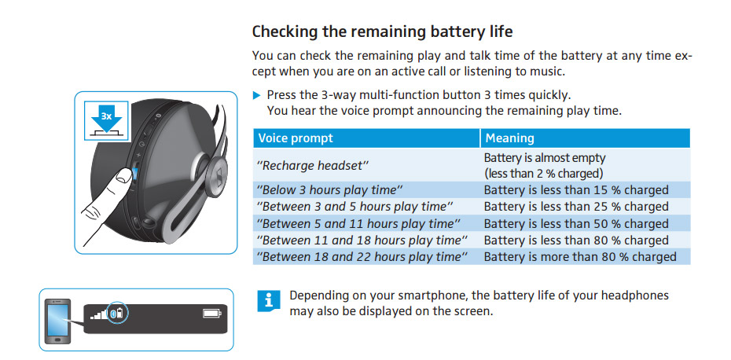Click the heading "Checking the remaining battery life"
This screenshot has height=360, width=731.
pyautogui.click(x=382, y=31)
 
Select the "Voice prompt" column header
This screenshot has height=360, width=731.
pyautogui.click(x=296, y=138)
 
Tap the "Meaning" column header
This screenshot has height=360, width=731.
pyautogui.click(x=509, y=138)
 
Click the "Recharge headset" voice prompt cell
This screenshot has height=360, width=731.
pyautogui.click(x=313, y=166)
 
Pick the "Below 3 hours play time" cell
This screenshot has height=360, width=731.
pyautogui.click(x=329, y=190)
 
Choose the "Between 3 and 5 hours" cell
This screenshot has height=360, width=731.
pyautogui.click(x=354, y=207)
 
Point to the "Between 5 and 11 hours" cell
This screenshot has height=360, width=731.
pyautogui.click(x=358, y=224)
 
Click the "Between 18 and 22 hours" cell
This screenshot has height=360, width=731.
pyautogui.click(x=362, y=257)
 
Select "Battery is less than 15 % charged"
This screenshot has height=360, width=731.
pyautogui.click(x=576, y=190)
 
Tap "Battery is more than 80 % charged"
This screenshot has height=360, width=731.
pyautogui.click(x=580, y=257)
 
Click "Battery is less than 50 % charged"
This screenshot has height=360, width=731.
pyautogui.click(x=576, y=224)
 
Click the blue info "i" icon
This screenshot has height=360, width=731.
pyautogui.click(x=269, y=301)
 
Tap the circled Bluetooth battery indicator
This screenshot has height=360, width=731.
pyautogui.click(x=118, y=313)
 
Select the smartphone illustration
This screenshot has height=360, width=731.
pyautogui.click(x=57, y=321)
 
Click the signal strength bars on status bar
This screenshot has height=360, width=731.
pyautogui.click(x=98, y=314)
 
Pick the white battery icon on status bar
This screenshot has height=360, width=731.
pyautogui.click(x=212, y=314)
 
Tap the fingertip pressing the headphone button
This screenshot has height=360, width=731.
pyautogui.click(x=123, y=178)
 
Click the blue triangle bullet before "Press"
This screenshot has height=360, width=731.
pyautogui.click(x=256, y=96)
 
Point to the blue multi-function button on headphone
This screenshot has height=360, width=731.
pyautogui.click(x=135, y=174)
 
